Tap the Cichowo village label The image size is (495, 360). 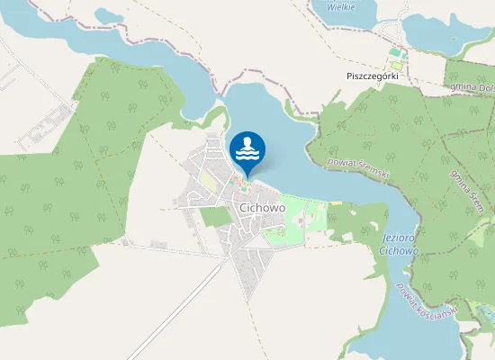click(263, 208)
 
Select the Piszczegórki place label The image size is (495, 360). click(372, 76)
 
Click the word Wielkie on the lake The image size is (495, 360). click(340, 6)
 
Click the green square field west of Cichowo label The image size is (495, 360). click(216, 216)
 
